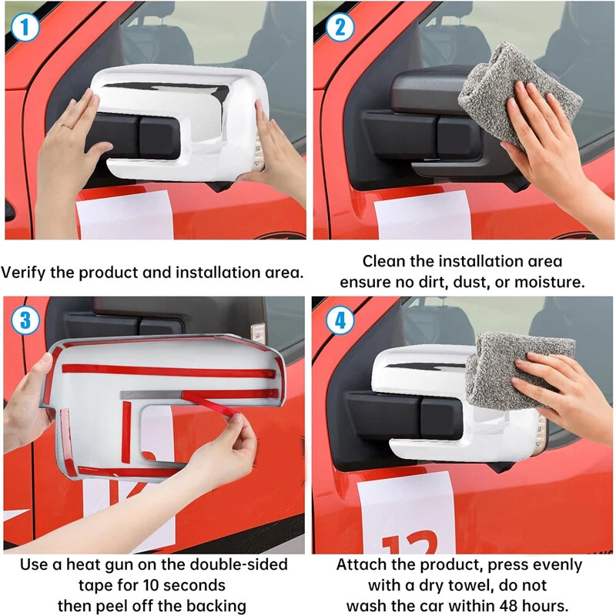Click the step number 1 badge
pyautogui.click(x=25, y=28)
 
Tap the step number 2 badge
pyautogui.click(x=340, y=28)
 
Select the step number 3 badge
pyautogui.click(x=25, y=320)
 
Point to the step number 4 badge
pyautogui.click(x=340, y=320)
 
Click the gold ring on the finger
pyautogui.click(x=67, y=126)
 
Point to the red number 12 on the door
pyautogui.click(x=410, y=543)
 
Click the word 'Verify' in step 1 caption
pyautogui.click(x=24, y=273)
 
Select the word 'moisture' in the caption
pyautogui.click(x=548, y=282)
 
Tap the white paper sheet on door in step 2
pyautogui.click(x=423, y=215)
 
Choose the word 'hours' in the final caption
pyautogui.click(x=547, y=605)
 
